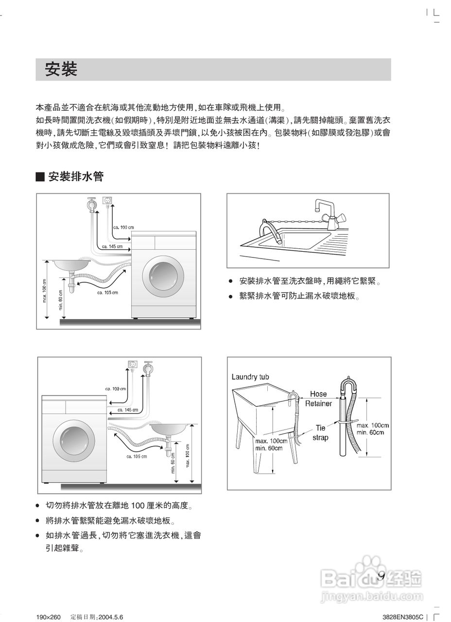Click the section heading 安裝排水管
coord(75,177)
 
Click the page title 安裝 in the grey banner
coord(61,69)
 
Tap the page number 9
coord(381,576)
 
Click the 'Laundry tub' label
coord(250,377)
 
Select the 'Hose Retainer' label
coord(318,398)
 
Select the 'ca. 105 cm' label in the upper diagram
coord(107,293)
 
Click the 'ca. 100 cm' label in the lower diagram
coord(116,389)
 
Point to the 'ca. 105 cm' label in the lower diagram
coord(137,456)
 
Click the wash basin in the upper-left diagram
coord(71,264)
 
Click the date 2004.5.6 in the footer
coord(111,617)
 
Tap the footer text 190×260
coord(48,617)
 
